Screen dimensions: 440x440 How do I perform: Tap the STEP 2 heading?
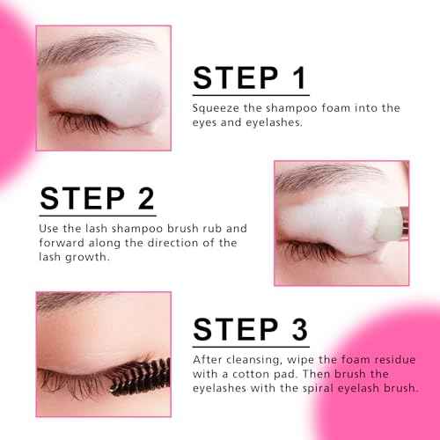coord(97,196)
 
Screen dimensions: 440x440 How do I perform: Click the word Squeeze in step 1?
coord(215,107)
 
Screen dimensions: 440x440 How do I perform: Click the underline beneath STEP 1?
coord(251,94)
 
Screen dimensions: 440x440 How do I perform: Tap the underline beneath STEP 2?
coord(97,215)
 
